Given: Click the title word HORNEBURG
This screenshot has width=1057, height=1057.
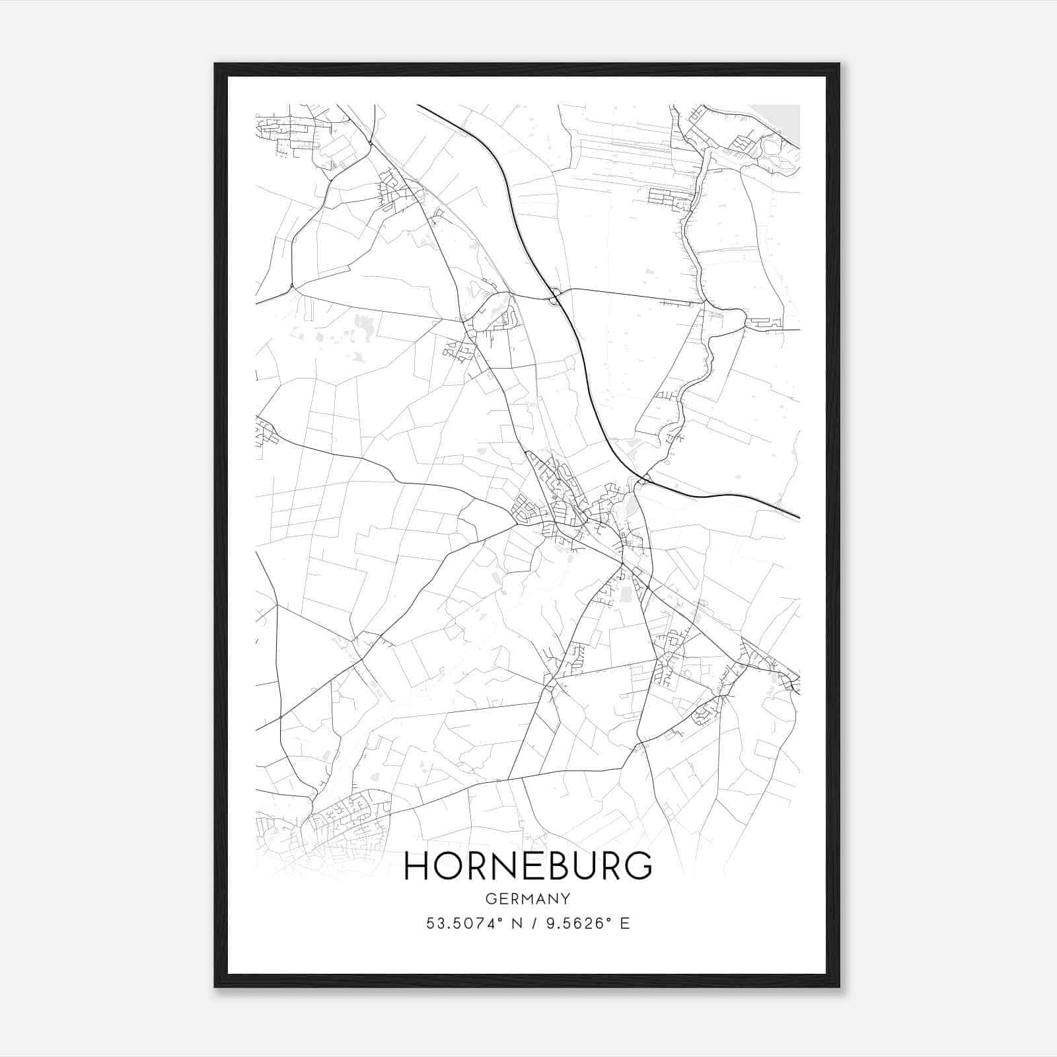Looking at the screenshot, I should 528,867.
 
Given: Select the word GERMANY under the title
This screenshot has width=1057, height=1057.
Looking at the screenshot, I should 528,899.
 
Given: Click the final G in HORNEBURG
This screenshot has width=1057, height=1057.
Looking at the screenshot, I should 638,867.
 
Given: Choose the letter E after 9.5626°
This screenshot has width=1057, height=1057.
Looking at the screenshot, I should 624,924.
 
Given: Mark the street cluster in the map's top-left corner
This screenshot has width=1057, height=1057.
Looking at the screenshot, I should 287,129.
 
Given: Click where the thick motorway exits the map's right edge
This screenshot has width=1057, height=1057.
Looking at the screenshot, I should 799,517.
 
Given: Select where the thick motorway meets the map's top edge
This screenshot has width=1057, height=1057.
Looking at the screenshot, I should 418,105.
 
